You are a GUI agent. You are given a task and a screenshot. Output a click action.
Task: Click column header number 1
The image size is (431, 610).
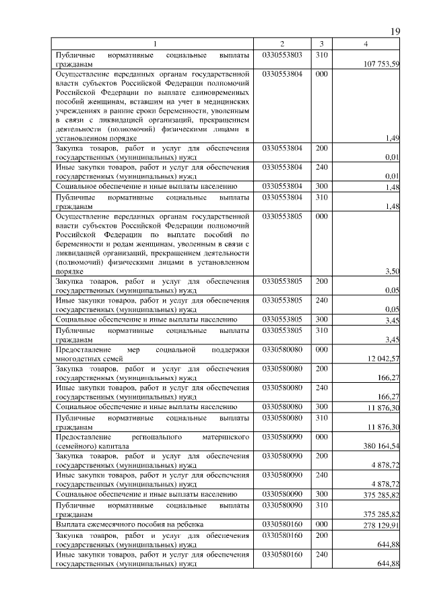[154, 44]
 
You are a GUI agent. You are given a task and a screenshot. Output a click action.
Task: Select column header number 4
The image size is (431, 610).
[366, 44]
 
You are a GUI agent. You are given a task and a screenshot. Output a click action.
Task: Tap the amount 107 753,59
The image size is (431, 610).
[382, 64]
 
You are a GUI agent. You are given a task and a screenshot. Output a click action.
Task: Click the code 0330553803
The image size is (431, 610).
[281, 54]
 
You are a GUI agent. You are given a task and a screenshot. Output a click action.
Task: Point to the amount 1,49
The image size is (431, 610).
[392, 138]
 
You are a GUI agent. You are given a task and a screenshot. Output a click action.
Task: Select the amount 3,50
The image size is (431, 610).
[392, 271]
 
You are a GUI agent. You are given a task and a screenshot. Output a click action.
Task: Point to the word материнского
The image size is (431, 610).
[225, 437]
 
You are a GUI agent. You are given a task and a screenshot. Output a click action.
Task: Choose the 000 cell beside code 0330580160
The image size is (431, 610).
[321, 524]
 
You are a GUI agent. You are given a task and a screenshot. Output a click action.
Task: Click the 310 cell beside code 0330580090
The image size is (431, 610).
[321, 504]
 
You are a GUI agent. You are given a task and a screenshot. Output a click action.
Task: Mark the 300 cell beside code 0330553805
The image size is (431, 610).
[321, 319]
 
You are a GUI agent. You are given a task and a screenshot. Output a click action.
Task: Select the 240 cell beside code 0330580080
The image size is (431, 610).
[321, 388]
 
